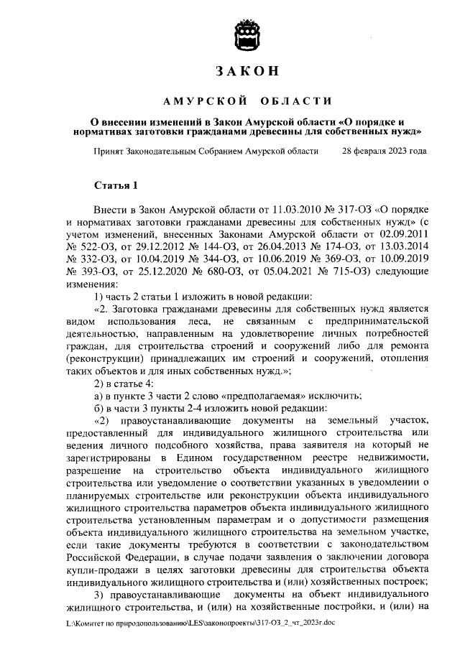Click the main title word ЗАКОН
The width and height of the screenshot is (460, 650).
pyautogui.click(x=247, y=72)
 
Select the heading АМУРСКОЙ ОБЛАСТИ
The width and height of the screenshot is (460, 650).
pyautogui.click(x=247, y=100)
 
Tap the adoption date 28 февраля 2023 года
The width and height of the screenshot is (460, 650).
pyautogui.click(x=385, y=152)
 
